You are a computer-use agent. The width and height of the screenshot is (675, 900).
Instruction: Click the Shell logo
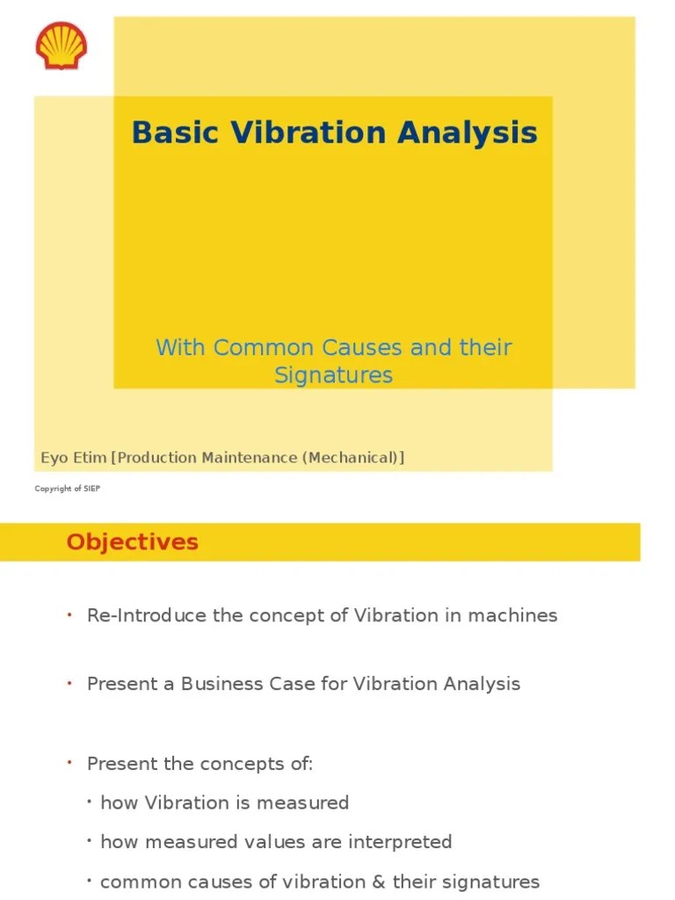(x=61, y=46)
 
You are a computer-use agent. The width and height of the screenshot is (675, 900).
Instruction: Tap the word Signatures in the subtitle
(x=333, y=375)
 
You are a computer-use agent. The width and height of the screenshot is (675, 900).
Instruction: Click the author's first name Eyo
(x=54, y=458)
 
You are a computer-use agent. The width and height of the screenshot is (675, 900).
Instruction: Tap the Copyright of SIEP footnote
(x=68, y=489)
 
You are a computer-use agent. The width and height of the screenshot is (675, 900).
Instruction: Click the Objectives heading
(x=132, y=542)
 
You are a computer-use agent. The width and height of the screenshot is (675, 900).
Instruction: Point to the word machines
(x=513, y=615)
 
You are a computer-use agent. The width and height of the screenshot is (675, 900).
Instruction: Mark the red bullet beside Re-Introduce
(x=68, y=614)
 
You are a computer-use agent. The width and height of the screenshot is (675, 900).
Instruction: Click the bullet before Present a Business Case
(x=68, y=683)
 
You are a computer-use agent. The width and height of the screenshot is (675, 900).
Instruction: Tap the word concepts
(x=245, y=764)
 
